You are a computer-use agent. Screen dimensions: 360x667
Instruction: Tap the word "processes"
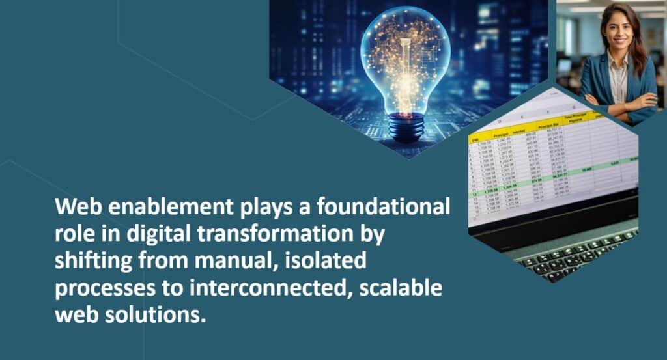coord(102,289)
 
